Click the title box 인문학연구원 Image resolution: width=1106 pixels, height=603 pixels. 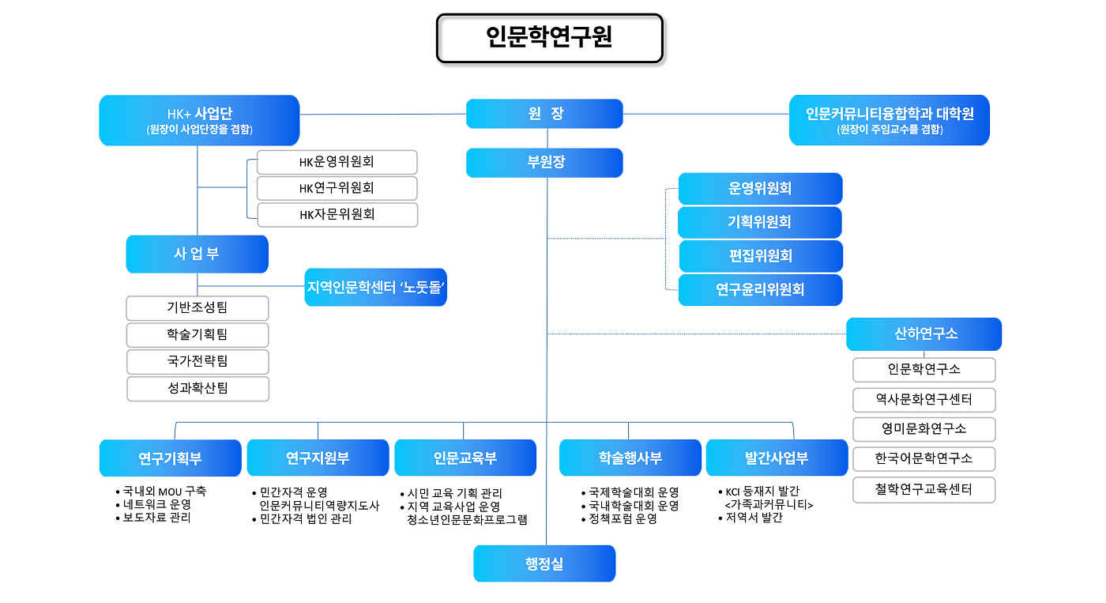coord(549,38)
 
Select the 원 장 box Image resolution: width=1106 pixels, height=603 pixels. coord(544,114)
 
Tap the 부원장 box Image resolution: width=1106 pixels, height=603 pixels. coord(544,163)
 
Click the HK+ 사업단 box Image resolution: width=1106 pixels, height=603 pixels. coord(199,120)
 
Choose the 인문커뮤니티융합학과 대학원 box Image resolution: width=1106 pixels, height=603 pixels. coord(889,120)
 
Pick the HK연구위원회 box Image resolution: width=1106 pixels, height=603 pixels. coord(337,188)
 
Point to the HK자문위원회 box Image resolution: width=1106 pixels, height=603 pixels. coord(337,214)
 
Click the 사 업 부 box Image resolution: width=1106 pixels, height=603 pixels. coord(197,254)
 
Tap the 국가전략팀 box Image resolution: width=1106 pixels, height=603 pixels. coord(197,361)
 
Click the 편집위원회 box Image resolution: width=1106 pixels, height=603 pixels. coord(760,256)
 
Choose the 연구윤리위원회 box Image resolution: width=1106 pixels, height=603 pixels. coord(760,290)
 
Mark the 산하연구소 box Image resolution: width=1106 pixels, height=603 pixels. coord(924,334)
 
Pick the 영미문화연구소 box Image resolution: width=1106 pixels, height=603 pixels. coord(924,429)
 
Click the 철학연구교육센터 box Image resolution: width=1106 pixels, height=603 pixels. coord(924,489)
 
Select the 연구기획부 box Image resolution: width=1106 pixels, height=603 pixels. coord(170,458)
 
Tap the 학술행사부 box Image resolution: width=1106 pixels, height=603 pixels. coord(630,458)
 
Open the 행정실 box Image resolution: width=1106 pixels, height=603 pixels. coord(544,564)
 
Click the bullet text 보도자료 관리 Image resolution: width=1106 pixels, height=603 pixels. coord(156,518)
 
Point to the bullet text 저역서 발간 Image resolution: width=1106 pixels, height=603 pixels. coord(754,518)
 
